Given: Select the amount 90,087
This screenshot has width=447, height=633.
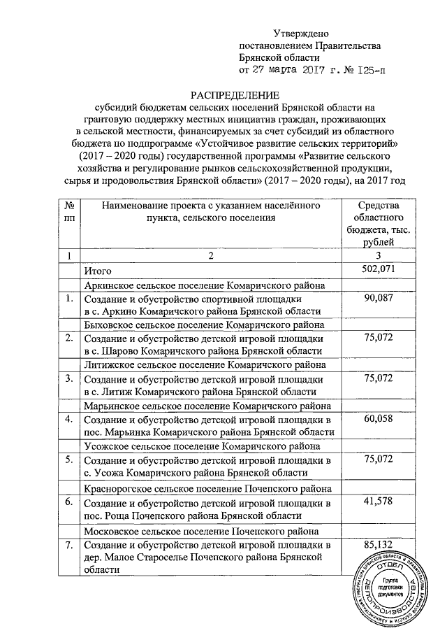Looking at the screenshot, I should pos(377,299).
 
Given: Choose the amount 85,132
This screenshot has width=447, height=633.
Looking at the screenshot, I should pos(377,544).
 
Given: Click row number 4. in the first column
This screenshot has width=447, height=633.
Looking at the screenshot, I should pos(69,420).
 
